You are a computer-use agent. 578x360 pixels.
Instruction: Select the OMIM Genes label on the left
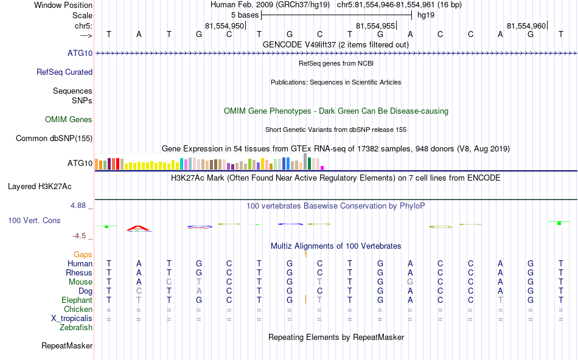(69, 119)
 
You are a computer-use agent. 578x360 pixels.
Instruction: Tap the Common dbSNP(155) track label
(54, 138)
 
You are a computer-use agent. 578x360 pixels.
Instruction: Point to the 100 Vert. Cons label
(34, 220)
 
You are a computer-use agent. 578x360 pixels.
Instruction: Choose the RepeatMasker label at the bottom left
(67, 346)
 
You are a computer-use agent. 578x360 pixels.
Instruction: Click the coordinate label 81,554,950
(225, 26)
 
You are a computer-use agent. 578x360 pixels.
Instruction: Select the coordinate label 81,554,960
(526, 26)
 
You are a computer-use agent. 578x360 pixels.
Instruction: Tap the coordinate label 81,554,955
(375, 26)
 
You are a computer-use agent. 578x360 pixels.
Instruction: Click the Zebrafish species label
(76, 327)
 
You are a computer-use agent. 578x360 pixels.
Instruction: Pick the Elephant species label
(77, 300)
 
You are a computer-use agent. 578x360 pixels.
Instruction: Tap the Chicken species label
(78, 309)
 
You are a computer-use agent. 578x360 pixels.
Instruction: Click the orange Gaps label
(83, 254)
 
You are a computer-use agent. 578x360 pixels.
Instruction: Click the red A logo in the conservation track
(139, 228)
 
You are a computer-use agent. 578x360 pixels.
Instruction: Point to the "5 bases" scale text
(245, 15)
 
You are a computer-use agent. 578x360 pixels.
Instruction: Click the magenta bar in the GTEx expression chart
(322, 167)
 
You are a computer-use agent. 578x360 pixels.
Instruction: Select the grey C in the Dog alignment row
(139, 291)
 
